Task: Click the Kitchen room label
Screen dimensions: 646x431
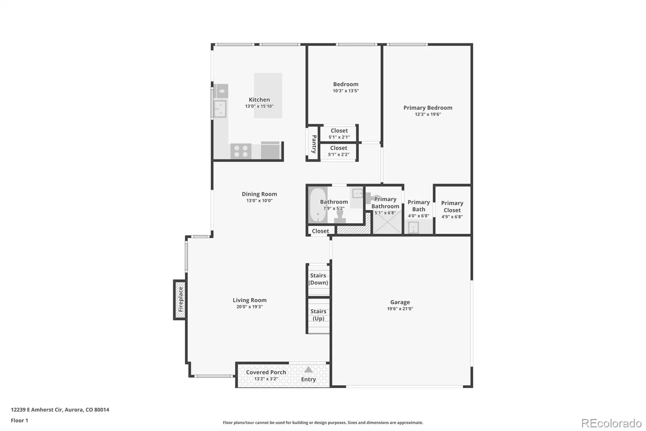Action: pos(259,99)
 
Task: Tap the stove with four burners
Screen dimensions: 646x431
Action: pos(241,151)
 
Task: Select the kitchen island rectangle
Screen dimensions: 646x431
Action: pos(268,95)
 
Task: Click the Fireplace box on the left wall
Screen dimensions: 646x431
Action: pos(180,300)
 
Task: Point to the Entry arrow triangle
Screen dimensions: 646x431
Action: pos(308,370)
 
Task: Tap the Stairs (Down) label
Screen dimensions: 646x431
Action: pos(318,279)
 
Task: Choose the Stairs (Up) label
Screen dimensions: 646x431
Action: pos(319,315)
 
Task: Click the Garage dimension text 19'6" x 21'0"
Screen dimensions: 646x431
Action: pos(400,309)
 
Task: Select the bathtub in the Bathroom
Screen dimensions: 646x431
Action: pos(318,205)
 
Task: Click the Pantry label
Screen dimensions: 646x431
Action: pos(314,144)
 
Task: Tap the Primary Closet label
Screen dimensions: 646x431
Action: pos(452,207)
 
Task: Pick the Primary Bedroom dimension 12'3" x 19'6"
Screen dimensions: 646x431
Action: pos(428,114)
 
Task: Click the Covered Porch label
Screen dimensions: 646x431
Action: pos(266,372)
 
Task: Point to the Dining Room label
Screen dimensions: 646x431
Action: pos(259,194)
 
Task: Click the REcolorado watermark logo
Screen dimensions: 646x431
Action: pos(611,423)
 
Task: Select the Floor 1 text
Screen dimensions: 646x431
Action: pos(20,420)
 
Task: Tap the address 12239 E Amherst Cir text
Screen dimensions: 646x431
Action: pos(37,410)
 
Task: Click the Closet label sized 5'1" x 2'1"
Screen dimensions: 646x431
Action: pos(339,131)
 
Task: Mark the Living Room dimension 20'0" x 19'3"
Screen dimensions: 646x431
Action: pos(250,307)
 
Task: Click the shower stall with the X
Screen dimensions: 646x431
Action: pos(387,222)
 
